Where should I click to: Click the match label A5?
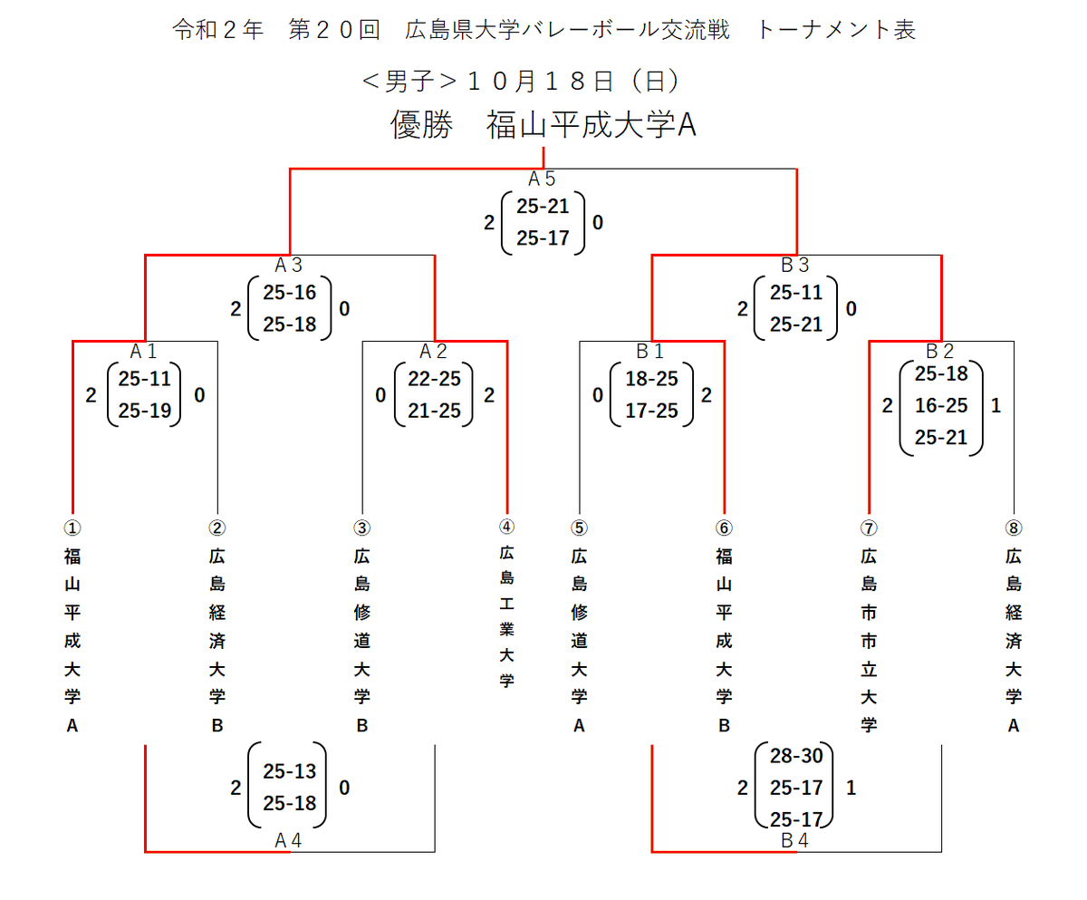pyautogui.click(x=542, y=179)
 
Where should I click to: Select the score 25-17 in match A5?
pyautogui.click(x=542, y=238)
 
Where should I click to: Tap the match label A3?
pyautogui.click(x=288, y=266)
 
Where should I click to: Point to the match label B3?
pyautogui.click(x=795, y=266)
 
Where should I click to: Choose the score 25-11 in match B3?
pyautogui.click(x=795, y=294)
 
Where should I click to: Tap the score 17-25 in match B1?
pyautogui.click(x=650, y=411)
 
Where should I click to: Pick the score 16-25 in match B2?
pyautogui.click(x=940, y=406)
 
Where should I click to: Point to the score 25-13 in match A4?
pyautogui.click(x=289, y=771)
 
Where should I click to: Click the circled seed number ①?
pyautogui.click(x=72, y=527)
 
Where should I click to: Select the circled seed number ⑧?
pyautogui.click(x=1013, y=527)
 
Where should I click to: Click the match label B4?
pyautogui.click(x=795, y=840)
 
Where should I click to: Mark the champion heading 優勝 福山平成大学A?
pyautogui.click(x=543, y=125)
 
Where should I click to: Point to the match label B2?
pyautogui.click(x=940, y=350)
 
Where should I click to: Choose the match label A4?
pyautogui.click(x=288, y=840)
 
